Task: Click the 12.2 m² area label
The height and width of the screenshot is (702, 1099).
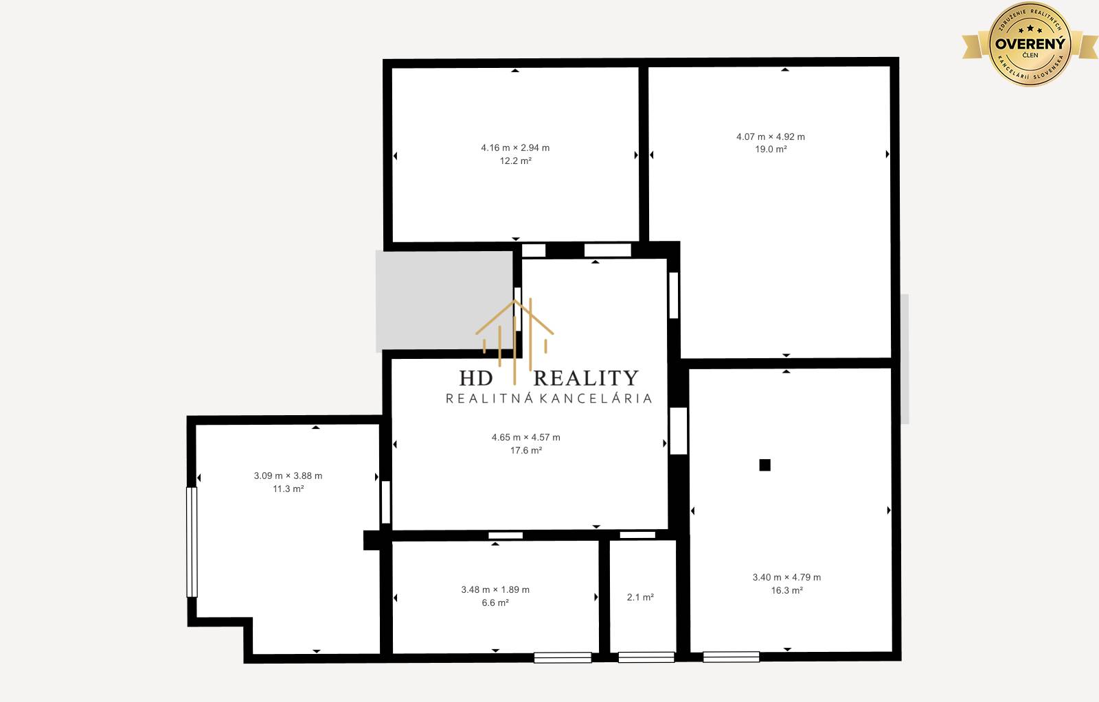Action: [515, 161]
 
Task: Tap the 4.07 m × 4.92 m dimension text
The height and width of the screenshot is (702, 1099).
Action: [770, 137]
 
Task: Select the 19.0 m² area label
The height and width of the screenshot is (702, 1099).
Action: [771, 149]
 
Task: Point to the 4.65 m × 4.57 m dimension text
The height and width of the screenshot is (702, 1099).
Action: [526, 437]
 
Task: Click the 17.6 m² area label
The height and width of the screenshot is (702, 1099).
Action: [526, 450]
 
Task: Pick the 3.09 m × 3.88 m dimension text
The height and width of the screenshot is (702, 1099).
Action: [288, 476]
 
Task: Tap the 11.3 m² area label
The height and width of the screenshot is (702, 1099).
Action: [288, 489]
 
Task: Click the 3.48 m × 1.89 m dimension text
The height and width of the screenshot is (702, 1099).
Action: [495, 589]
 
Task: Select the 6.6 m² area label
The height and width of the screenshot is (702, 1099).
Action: [495, 602]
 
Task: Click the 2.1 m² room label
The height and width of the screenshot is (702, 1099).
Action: [640, 597]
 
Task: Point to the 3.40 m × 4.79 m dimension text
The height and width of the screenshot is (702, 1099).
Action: [786, 578]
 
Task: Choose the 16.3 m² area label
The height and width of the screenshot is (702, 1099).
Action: [787, 590]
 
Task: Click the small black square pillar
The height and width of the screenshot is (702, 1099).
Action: [765, 465]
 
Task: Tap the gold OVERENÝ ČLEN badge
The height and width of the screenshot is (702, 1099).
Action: [1030, 44]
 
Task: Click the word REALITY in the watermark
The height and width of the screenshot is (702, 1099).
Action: [586, 378]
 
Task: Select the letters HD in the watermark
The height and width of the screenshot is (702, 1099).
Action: [476, 378]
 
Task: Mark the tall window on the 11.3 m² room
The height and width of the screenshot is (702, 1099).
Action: [192, 541]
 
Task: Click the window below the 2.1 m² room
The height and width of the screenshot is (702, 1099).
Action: [646, 657]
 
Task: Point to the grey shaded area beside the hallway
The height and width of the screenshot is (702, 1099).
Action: [444, 301]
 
